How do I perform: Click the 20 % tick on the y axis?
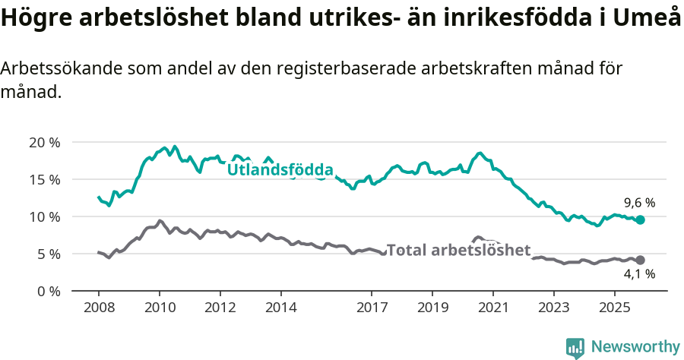[x=44, y=143]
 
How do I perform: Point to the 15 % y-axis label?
[x=44, y=180]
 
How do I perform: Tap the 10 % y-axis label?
[x=44, y=217]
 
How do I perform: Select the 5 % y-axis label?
[x=48, y=254]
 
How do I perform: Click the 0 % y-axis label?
[x=48, y=292]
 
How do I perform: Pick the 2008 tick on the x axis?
[x=99, y=308]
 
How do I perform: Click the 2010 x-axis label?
[x=160, y=308]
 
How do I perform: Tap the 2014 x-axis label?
[x=280, y=308]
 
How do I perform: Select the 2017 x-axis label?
[x=372, y=308]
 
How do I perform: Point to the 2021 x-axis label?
[x=492, y=308]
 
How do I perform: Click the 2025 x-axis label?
[x=614, y=308]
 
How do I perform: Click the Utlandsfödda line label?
[x=280, y=169]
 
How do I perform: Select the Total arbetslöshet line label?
[x=458, y=250]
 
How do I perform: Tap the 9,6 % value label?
[x=639, y=203]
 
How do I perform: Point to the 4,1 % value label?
[x=639, y=274]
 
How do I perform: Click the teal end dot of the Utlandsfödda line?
[x=641, y=219]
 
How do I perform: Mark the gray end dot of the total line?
[x=641, y=260]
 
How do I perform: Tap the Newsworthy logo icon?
[x=575, y=348]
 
